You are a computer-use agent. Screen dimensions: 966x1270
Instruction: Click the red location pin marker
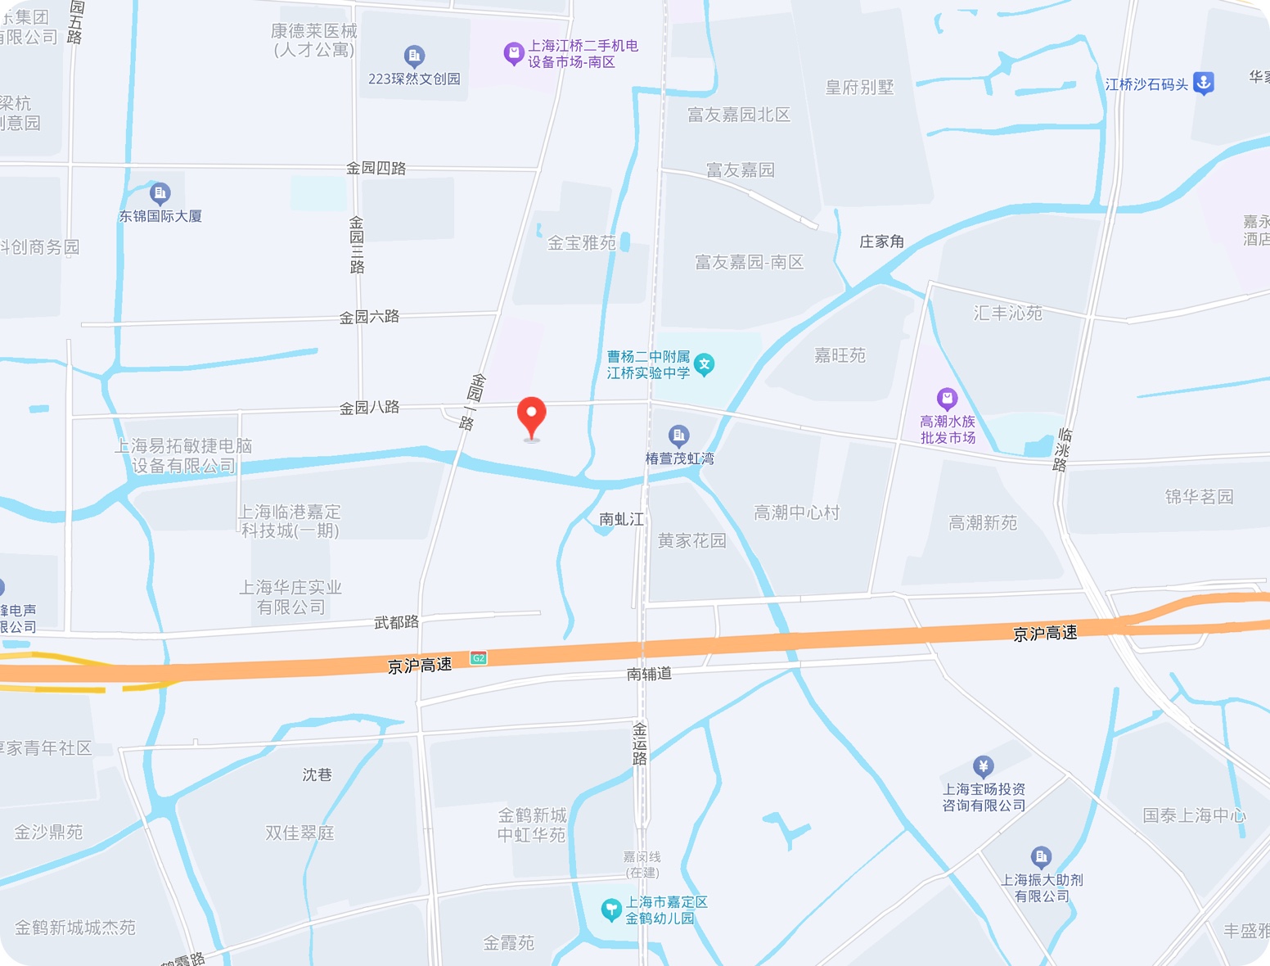pyautogui.click(x=532, y=416)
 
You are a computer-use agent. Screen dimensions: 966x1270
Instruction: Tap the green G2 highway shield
pyautogui.click(x=479, y=658)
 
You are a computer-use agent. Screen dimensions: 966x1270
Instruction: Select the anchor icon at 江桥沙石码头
pyautogui.click(x=1203, y=83)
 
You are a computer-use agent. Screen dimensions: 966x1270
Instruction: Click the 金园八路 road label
pyautogui.click(x=370, y=408)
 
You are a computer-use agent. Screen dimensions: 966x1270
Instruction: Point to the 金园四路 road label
pyautogui.click(x=376, y=169)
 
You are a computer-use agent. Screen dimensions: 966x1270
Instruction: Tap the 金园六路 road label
pyautogui.click(x=370, y=317)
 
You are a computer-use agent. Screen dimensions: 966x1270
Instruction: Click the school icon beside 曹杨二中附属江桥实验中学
pyautogui.click(x=704, y=363)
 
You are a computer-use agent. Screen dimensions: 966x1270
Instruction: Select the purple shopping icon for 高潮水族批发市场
pyautogui.click(x=947, y=399)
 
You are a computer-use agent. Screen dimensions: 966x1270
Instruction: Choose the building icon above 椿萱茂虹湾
pyautogui.click(x=678, y=436)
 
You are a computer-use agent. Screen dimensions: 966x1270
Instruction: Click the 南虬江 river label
pyautogui.click(x=622, y=519)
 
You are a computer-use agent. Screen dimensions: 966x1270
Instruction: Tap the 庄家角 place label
pyautogui.click(x=881, y=241)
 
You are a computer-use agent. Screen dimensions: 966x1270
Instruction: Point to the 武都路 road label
pyautogui.click(x=397, y=623)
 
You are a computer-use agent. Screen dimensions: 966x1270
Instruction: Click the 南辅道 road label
pyautogui.click(x=650, y=674)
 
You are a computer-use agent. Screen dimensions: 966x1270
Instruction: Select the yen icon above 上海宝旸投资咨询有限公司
pyautogui.click(x=983, y=766)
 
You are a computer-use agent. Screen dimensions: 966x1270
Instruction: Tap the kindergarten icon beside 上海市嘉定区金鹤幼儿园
pyautogui.click(x=610, y=910)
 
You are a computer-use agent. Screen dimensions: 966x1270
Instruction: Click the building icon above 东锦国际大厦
pyautogui.click(x=160, y=194)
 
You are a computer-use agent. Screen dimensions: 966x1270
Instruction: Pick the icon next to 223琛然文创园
pyautogui.click(x=414, y=56)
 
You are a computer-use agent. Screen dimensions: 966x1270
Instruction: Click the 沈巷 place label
pyautogui.click(x=317, y=774)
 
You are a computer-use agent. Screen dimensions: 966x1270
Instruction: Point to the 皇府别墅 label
pyautogui.click(x=859, y=88)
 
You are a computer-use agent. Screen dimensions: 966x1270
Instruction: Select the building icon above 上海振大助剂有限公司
pyautogui.click(x=1041, y=857)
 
